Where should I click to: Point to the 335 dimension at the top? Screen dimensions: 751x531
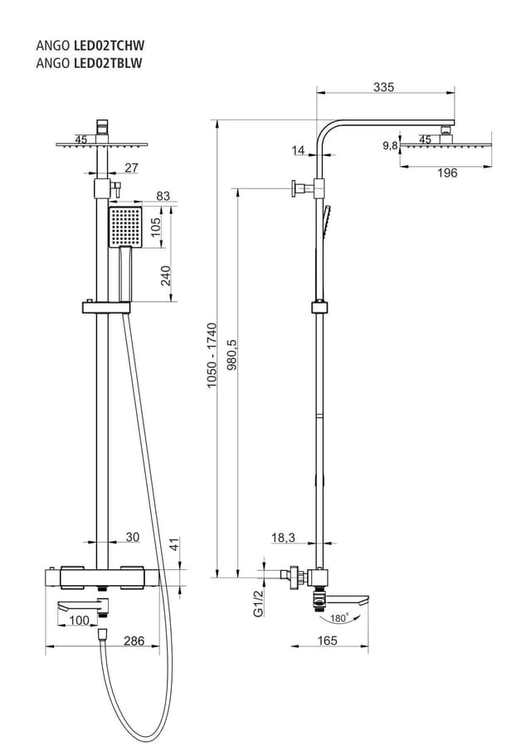[383, 86]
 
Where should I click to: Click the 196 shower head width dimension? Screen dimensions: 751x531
[447, 173]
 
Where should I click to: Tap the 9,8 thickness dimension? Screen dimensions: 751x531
[390, 145]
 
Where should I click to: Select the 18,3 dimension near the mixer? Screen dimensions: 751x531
[283, 538]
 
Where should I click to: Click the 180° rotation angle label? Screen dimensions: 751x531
[339, 618]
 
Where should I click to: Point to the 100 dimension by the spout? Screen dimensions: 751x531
[79, 621]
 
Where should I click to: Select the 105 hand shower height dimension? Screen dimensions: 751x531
[167, 227]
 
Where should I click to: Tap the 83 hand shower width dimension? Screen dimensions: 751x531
[162, 196]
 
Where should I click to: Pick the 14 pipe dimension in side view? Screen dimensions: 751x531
[299, 150]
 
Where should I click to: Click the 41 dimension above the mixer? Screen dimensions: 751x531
[173, 544]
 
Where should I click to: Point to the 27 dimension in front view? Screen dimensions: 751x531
[131, 168]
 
